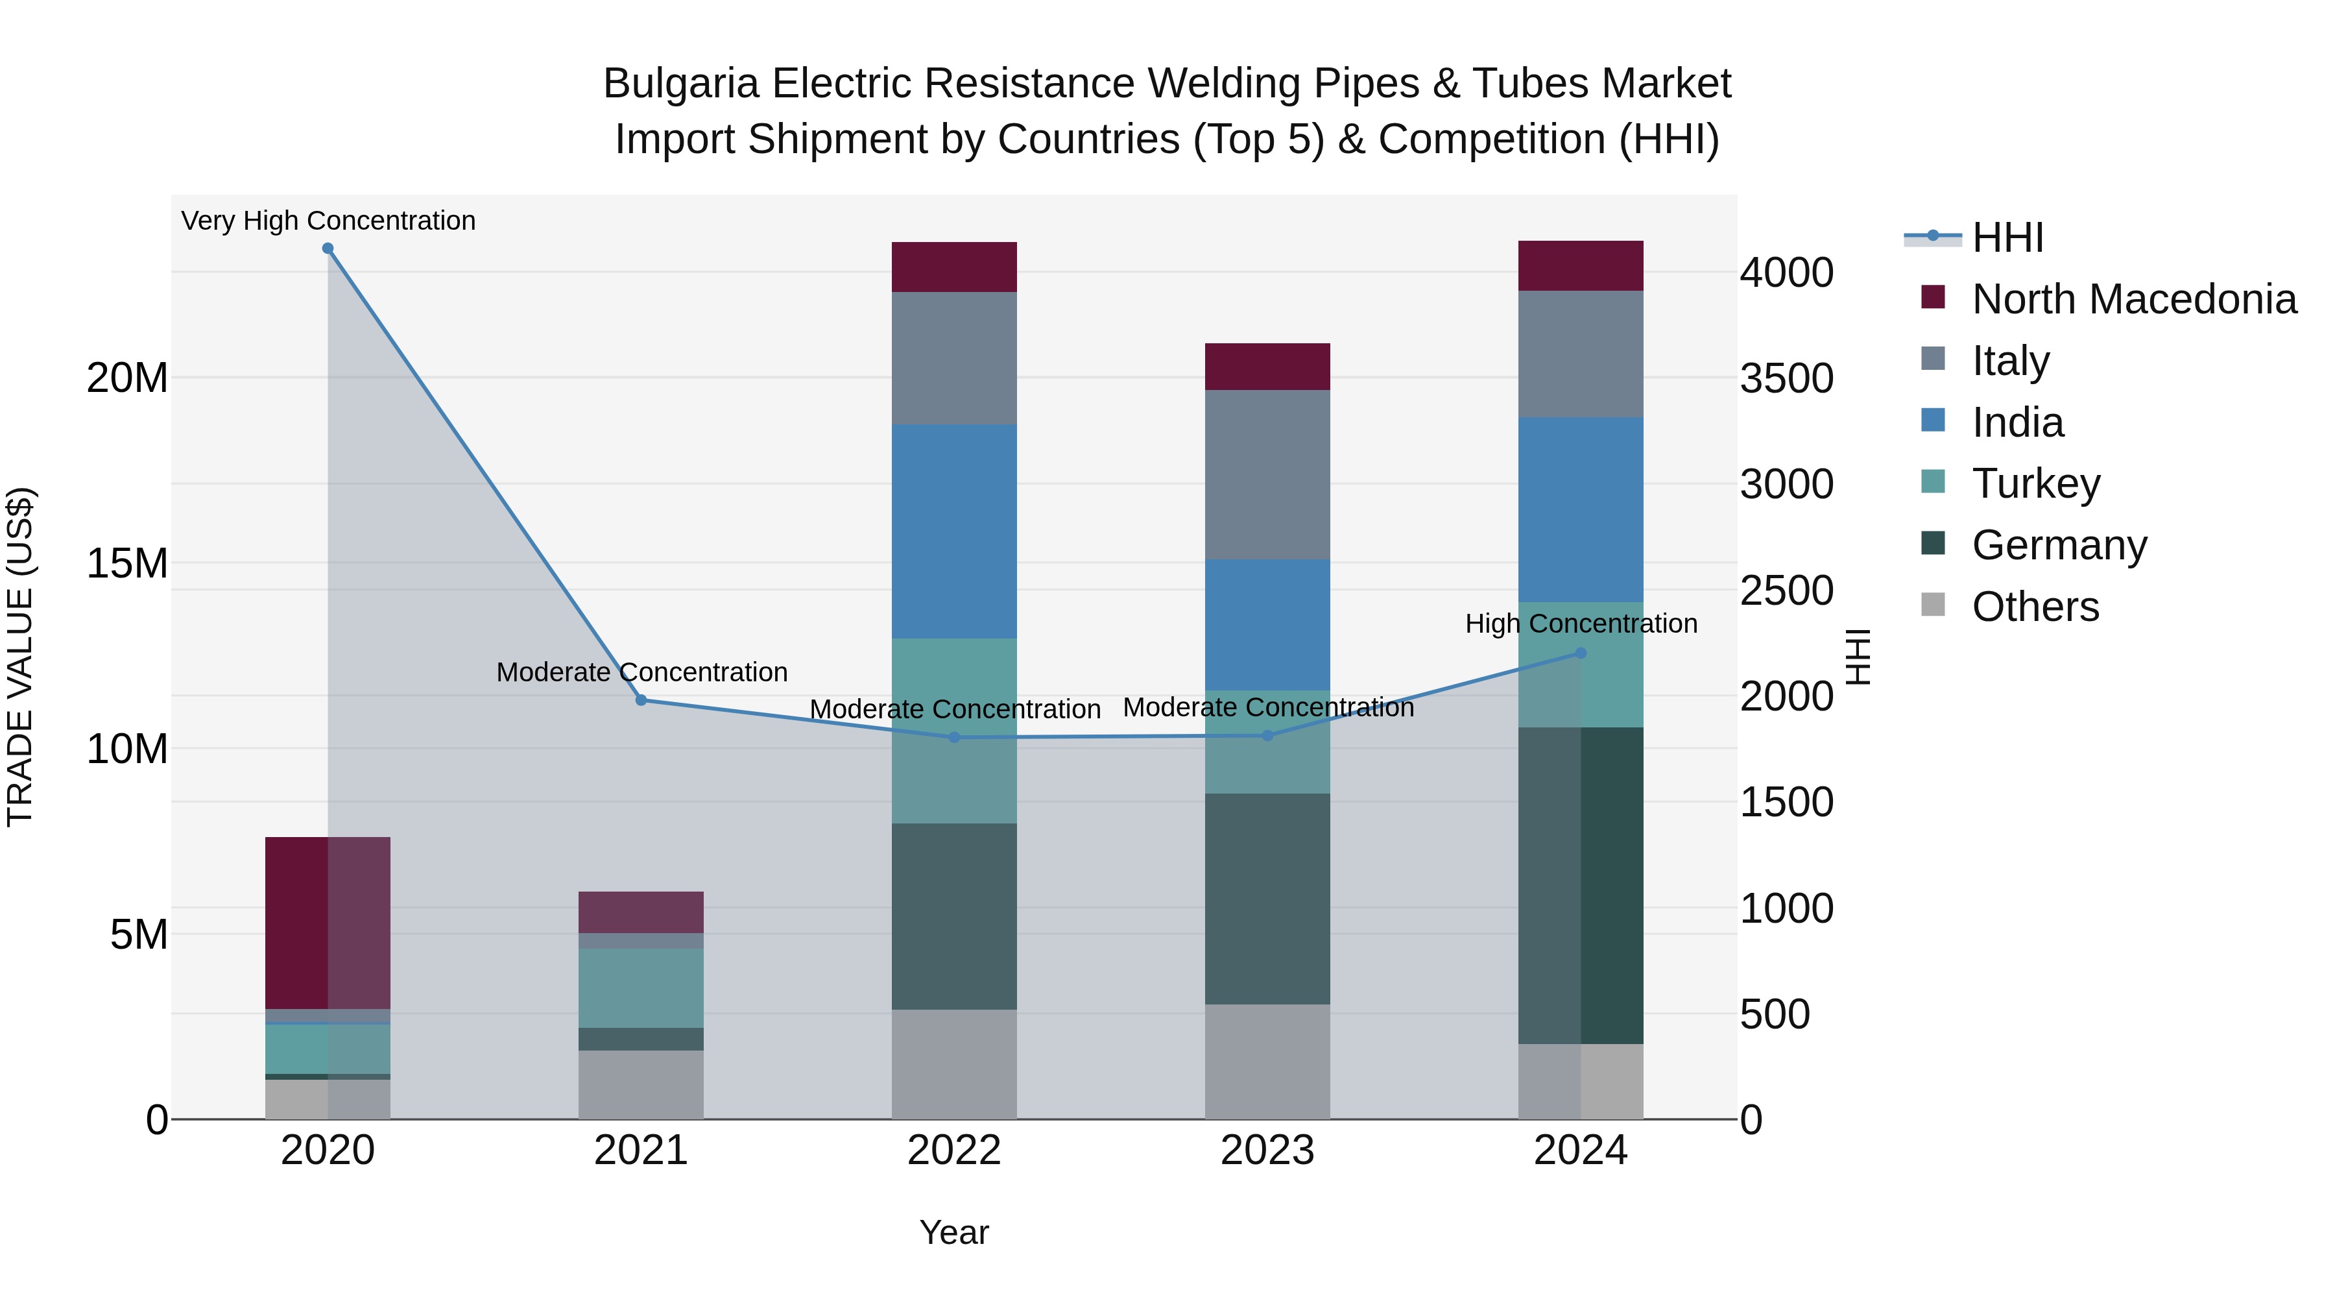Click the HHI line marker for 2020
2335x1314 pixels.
click(x=328, y=249)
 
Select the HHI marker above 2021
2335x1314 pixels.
click(x=641, y=700)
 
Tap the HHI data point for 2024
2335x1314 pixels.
click(x=1581, y=653)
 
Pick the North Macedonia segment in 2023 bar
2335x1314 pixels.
click(x=1267, y=367)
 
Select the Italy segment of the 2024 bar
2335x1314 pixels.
click(x=1581, y=354)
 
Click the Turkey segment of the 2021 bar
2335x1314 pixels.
click(x=641, y=988)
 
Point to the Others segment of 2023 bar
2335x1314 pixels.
click(x=1267, y=1061)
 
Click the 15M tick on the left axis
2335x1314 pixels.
click(x=127, y=564)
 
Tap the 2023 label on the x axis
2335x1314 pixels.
click(x=1267, y=1150)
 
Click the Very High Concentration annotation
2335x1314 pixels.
click(x=328, y=221)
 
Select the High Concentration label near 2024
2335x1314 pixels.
click(x=1581, y=624)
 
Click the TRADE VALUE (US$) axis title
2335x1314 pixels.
click(x=20, y=657)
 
